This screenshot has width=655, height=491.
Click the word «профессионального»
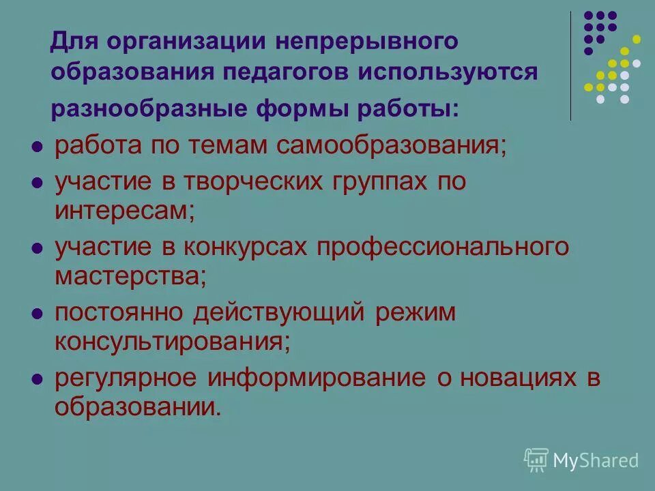click(x=441, y=247)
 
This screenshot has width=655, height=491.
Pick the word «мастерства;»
click(x=130, y=275)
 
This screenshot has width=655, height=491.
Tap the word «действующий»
click(x=282, y=312)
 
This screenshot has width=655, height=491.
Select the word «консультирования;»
click(x=172, y=340)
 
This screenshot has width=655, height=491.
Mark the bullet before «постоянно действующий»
click(x=38, y=313)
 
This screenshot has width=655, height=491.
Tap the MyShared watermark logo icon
click(x=536, y=460)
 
